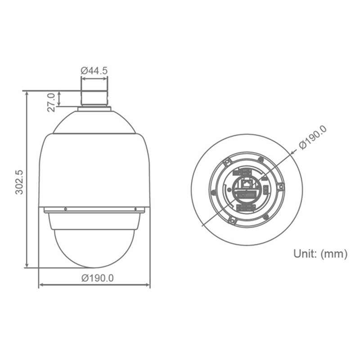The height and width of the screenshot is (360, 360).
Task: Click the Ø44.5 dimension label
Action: (94, 71)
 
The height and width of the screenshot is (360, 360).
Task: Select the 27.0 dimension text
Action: (51, 102)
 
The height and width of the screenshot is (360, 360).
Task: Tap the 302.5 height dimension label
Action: (19, 182)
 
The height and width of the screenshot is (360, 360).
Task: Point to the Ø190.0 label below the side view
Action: (97, 278)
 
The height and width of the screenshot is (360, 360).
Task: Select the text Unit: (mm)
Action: (320, 254)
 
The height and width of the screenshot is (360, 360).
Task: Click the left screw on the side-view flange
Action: (66, 209)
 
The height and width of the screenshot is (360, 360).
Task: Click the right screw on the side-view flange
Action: (135, 209)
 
